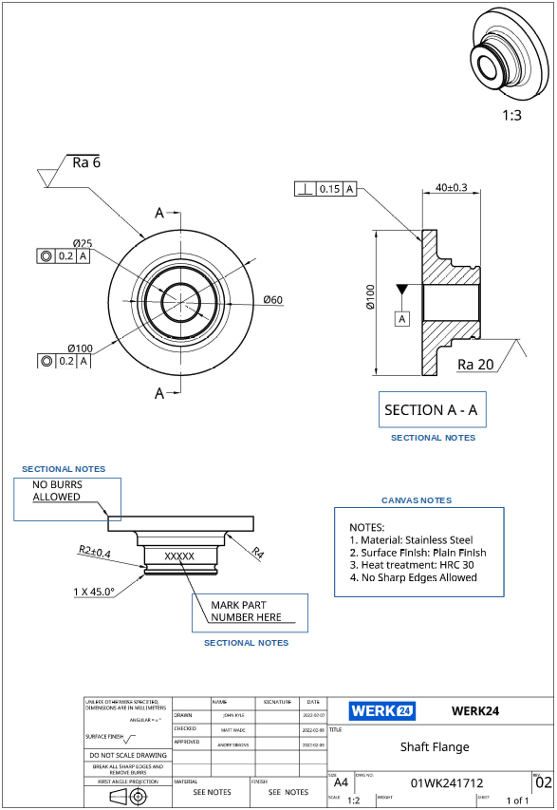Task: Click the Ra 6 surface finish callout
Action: click(85, 162)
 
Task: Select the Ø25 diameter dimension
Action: click(83, 243)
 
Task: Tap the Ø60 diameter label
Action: click(273, 300)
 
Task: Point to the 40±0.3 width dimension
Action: click(451, 187)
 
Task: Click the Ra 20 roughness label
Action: click(475, 364)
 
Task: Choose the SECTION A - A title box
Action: click(432, 410)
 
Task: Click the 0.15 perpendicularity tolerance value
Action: click(329, 189)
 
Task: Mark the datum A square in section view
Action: click(402, 319)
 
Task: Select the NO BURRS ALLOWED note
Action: click(57, 490)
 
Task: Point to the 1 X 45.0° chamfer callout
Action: click(94, 592)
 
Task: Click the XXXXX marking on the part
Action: click(179, 556)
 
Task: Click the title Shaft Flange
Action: click(435, 746)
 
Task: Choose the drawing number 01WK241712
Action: click(447, 783)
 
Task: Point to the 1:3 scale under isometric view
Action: click(511, 115)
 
